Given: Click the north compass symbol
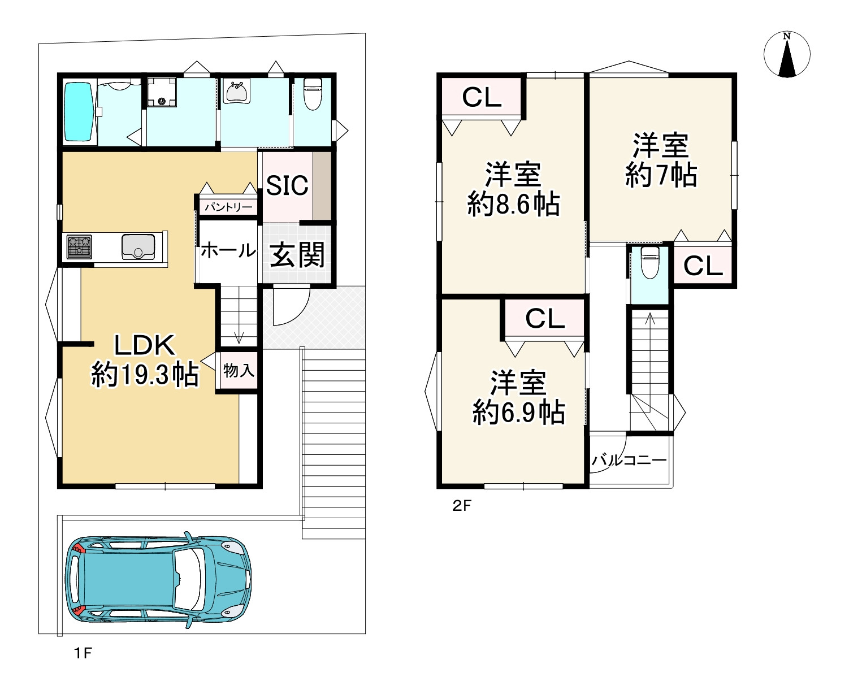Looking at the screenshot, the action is click(786, 54).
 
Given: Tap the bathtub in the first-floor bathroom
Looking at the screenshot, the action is click(79, 111).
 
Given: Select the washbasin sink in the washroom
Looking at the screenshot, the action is click(237, 92).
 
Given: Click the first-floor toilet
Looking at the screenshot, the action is click(313, 94).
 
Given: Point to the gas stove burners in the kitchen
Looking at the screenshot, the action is click(79, 246).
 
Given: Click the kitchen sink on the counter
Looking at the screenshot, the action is click(138, 246).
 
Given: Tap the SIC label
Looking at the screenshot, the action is click(287, 185).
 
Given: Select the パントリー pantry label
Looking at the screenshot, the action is click(228, 207).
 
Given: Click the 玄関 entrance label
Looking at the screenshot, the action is click(297, 255).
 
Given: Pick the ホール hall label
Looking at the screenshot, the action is click(228, 250).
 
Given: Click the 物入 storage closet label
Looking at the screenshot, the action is click(239, 371).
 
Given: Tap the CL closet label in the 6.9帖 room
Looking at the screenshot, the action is click(545, 318).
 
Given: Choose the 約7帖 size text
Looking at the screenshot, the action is click(661, 175).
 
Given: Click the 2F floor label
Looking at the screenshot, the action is click(462, 506).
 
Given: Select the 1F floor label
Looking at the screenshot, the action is click(83, 653).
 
